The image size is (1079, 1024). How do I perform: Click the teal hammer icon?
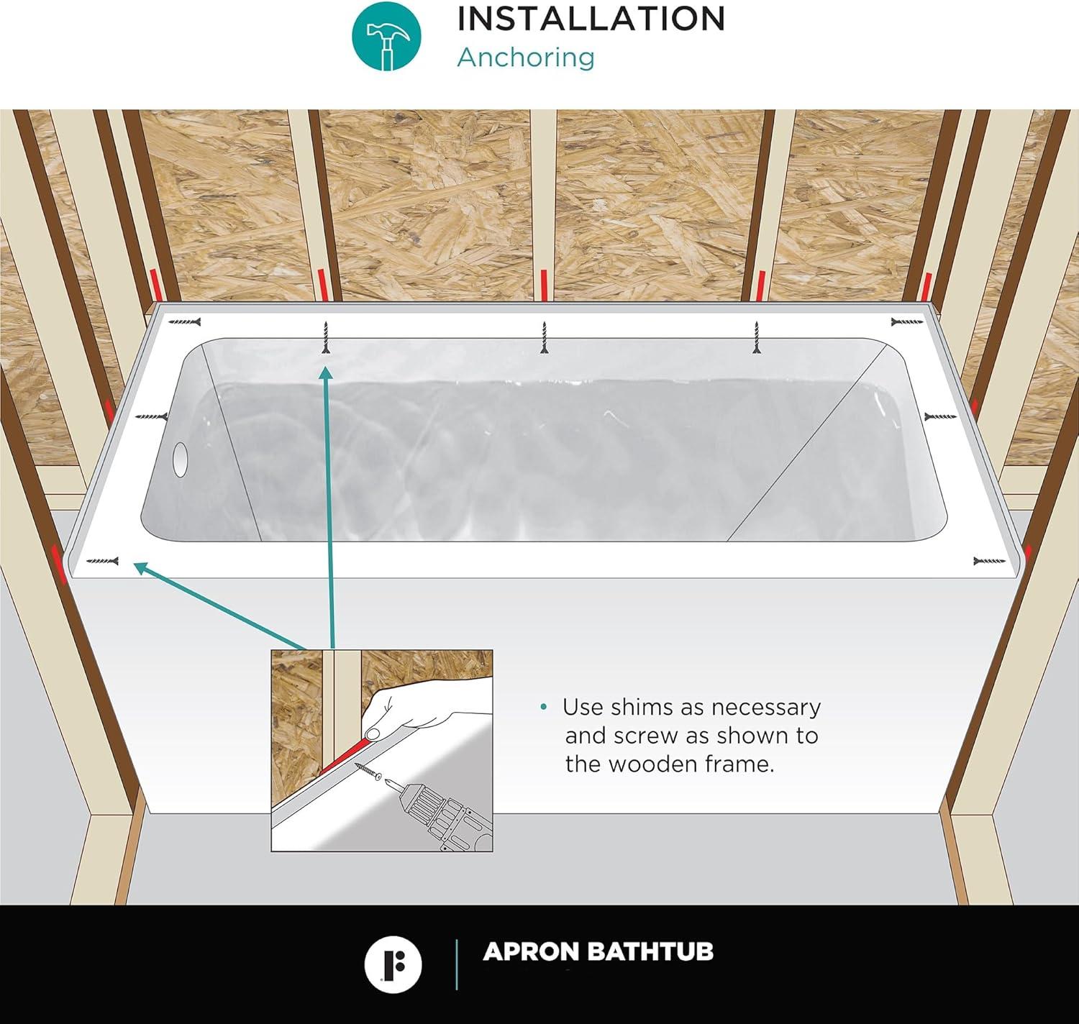(x=386, y=36)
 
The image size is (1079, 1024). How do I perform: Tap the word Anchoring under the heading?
(x=526, y=57)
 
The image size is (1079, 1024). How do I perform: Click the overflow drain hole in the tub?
(x=179, y=458)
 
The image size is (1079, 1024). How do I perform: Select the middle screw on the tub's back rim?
(x=544, y=337)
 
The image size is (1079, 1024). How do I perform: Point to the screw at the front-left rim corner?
(x=102, y=561)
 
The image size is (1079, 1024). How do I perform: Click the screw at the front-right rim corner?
(x=989, y=561)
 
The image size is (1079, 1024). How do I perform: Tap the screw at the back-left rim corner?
(x=185, y=322)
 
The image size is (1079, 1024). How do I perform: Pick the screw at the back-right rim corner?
(x=906, y=321)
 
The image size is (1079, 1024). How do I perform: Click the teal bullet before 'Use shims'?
(x=544, y=708)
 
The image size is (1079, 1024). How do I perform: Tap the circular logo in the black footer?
(x=393, y=964)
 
